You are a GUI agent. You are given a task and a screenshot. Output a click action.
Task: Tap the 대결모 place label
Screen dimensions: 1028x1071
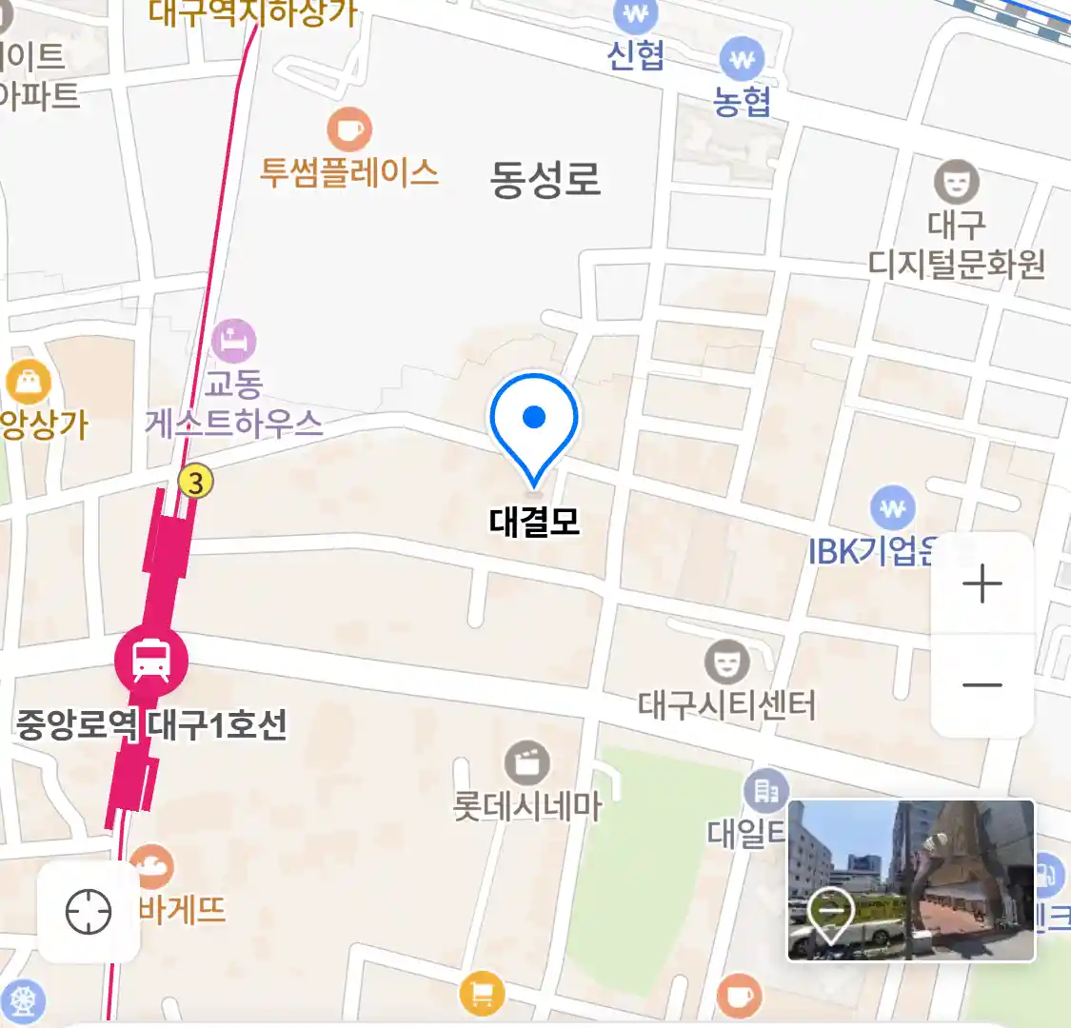point(534,521)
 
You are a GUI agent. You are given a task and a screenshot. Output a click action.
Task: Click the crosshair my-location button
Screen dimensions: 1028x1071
point(89,913)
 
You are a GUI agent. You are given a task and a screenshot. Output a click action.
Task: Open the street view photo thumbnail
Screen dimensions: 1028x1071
point(910,880)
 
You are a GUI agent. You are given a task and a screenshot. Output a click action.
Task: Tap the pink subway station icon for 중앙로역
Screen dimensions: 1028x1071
point(151,659)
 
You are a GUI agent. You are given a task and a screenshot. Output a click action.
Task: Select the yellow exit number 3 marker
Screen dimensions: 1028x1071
point(195,482)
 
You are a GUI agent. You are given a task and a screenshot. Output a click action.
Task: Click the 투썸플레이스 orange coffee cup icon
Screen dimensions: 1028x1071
point(349,128)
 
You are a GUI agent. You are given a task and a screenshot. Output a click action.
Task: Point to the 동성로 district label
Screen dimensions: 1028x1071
point(545,179)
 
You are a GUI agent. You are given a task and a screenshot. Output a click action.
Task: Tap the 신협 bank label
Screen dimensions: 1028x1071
point(636,55)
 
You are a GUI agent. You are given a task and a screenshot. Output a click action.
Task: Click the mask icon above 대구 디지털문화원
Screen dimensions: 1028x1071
point(956,181)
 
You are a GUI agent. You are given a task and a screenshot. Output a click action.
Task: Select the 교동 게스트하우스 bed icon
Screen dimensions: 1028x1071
point(233,341)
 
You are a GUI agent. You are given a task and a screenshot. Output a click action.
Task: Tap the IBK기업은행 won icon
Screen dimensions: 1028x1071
point(892,508)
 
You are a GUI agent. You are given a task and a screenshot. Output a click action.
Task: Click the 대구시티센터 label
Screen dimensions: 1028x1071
point(726,705)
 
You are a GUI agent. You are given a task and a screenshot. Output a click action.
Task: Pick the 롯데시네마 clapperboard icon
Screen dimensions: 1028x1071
point(526,762)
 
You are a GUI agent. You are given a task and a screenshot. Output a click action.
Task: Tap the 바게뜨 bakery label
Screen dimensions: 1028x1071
point(182,910)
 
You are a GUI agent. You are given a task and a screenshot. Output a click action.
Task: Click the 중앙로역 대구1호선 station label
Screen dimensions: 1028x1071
point(151,725)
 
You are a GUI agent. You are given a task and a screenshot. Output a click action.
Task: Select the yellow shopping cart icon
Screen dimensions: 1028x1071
point(482,995)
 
